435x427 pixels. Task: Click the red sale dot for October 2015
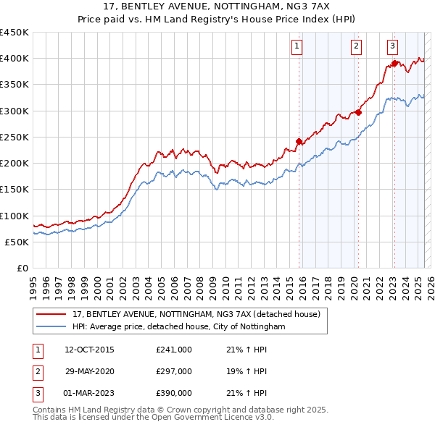coord(299,141)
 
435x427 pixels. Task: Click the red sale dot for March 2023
coord(394,63)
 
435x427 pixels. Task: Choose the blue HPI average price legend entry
coord(178,327)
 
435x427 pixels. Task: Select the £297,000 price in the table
coord(174,371)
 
